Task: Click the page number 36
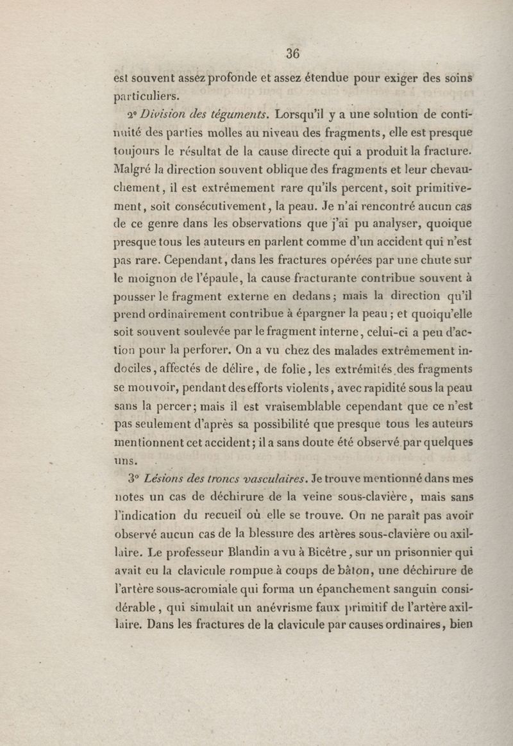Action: pos(294,53)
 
